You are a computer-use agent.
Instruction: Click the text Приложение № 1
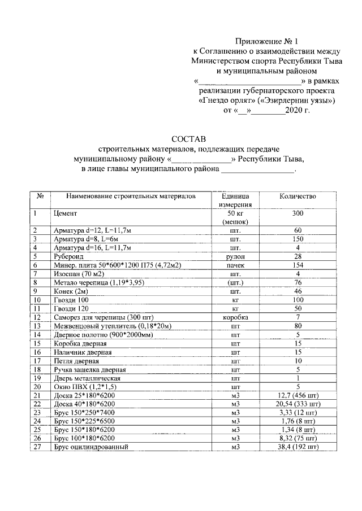tap(265, 41)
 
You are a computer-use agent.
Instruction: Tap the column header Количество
tap(298, 196)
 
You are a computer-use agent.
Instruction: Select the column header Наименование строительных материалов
tap(131, 196)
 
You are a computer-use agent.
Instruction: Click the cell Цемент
tap(65, 213)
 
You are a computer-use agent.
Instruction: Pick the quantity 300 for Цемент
tap(298, 213)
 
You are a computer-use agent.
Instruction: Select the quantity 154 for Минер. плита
tap(298, 265)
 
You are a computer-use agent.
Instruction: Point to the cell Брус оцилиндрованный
tap(89, 448)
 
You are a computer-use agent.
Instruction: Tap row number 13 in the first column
tap(38, 326)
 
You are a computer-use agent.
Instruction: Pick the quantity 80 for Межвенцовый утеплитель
tap(298, 326)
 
